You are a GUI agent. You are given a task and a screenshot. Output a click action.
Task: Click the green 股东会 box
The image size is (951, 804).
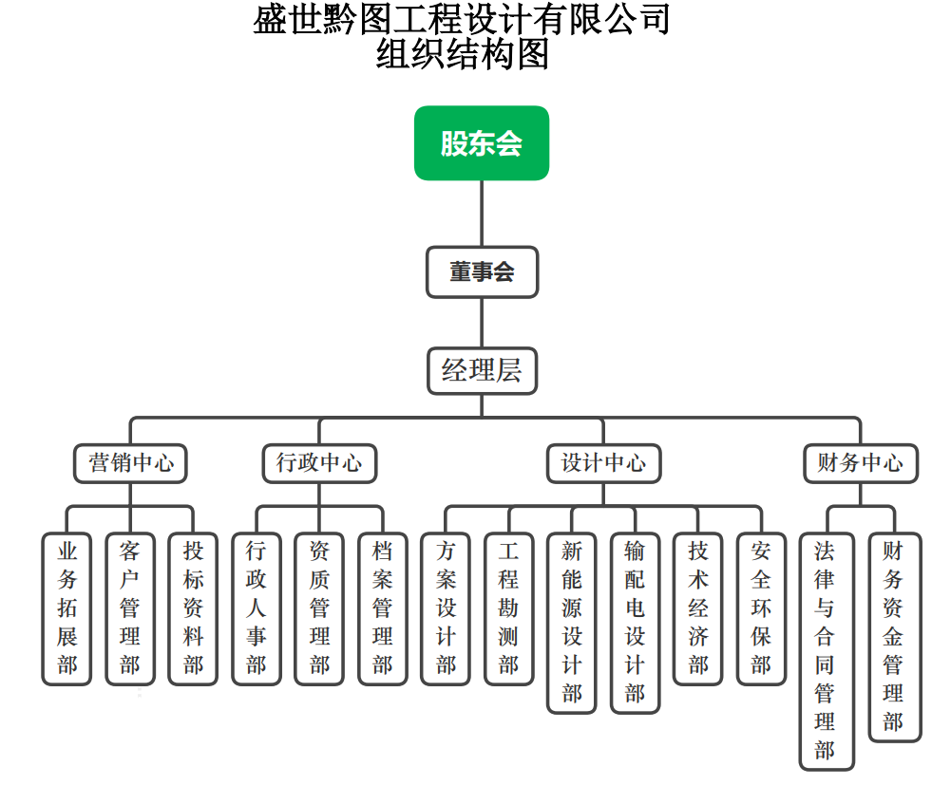pyautogui.click(x=482, y=143)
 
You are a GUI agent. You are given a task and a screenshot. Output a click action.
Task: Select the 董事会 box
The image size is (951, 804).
pyautogui.click(x=482, y=272)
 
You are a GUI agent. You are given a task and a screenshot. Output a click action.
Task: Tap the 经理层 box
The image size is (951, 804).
pyautogui.click(x=482, y=370)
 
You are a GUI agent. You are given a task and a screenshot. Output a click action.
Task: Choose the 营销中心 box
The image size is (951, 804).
pyautogui.click(x=131, y=463)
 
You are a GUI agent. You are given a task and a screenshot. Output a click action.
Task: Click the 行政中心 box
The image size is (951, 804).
pyautogui.click(x=319, y=463)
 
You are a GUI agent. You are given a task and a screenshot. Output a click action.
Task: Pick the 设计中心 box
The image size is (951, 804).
pyautogui.click(x=603, y=463)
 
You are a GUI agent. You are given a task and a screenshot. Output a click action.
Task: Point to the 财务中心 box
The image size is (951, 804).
pyautogui.click(x=861, y=463)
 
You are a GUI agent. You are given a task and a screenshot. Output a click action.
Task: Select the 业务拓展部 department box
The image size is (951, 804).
pyautogui.click(x=67, y=608)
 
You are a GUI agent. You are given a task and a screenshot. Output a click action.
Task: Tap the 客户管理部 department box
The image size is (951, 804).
pyautogui.click(x=130, y=608)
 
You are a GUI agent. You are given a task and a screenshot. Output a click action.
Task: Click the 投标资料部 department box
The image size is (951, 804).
pyautogui.click(x=193, y=608)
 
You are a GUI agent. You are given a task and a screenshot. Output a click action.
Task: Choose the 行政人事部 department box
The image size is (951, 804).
pyautogui.click(x=257, y=608)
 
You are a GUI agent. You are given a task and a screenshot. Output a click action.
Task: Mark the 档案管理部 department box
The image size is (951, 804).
pyautogui.click(x=383, y=608)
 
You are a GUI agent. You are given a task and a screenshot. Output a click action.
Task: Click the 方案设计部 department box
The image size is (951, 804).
pyautogui.click(x=446, y=608)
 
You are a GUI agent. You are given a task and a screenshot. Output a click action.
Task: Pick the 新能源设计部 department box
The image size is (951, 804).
pyautogui.click(x=572, y=623)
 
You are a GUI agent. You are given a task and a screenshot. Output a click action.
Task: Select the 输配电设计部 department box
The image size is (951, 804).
pyautogui.click(x=635, y=623)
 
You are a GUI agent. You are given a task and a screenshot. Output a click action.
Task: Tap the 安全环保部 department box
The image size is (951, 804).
pyautogui.click(x=761, y=608)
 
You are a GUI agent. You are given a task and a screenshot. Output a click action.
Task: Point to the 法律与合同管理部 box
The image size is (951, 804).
pyautogui.click(x=827, y=651)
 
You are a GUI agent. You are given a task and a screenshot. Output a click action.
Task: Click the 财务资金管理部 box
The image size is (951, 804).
pyautogui.click(x=894, y=637)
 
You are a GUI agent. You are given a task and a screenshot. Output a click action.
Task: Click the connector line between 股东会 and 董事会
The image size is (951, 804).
pyautogui.click(x=482, y=214)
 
